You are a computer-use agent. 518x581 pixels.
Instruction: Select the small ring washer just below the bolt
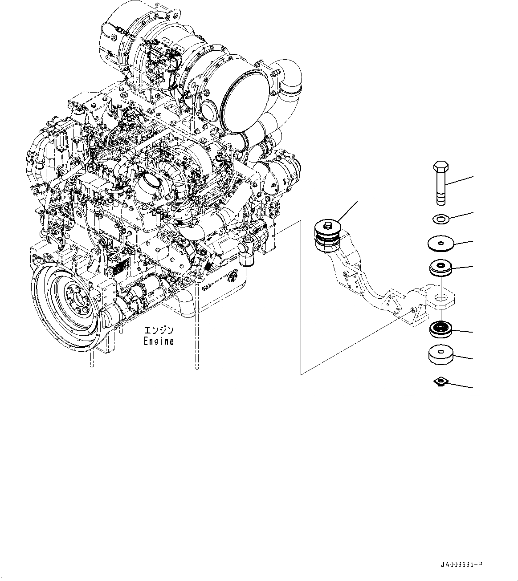441,219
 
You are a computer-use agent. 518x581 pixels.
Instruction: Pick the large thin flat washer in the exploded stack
440,244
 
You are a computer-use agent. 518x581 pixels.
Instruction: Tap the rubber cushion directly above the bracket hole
441,268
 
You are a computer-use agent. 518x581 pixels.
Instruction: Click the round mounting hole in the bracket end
441,298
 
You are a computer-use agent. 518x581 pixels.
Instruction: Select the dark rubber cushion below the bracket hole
441,329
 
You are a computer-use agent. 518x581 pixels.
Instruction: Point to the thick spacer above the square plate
441,355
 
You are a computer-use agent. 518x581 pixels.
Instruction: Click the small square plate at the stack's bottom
441,381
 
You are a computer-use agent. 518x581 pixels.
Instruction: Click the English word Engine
159,341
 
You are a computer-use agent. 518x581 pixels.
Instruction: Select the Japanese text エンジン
159,331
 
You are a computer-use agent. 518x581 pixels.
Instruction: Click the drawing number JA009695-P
461,565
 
